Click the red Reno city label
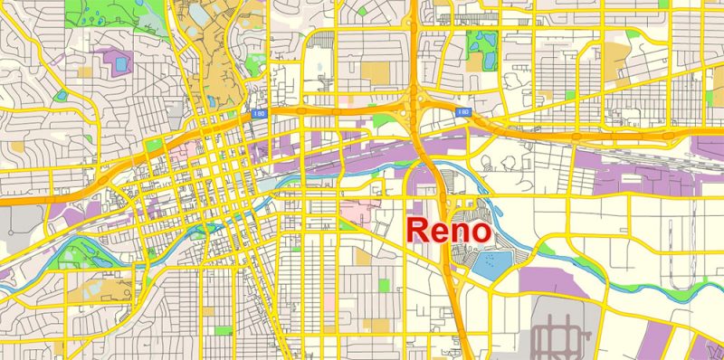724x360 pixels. (x=449, y=231)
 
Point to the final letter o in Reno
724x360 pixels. (x=481, y=233)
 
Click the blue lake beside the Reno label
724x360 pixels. (x=493, y=264)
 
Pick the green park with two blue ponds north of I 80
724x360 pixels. (x=482, y=45)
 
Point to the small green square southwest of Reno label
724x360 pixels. (x=386, y=285)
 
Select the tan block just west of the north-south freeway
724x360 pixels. (x=375, y=71)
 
